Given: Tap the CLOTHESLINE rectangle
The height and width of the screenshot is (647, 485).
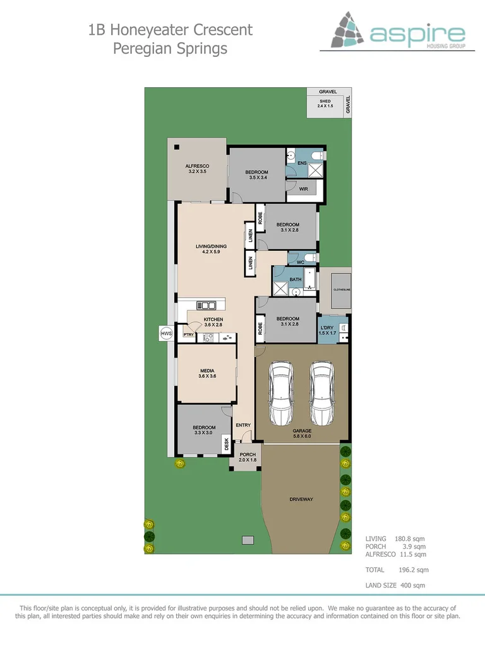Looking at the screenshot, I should point(335,290).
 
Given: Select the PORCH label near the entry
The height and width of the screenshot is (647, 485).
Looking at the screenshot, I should point(248,454).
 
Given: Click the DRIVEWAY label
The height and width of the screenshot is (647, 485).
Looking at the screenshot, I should point(301,499).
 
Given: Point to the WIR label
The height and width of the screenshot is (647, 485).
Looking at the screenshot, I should point(303,189).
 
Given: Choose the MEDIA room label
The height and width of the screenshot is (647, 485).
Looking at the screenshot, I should point(208,371).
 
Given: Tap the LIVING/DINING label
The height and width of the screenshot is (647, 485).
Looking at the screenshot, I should point(210,246).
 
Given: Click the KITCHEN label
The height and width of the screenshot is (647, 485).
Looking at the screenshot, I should point(213,320).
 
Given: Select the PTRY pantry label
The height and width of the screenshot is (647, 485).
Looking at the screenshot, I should point(188,334).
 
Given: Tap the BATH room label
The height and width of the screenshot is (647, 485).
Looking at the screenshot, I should point(296,279).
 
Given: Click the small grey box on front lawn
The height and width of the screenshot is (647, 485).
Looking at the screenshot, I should point(248,540).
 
